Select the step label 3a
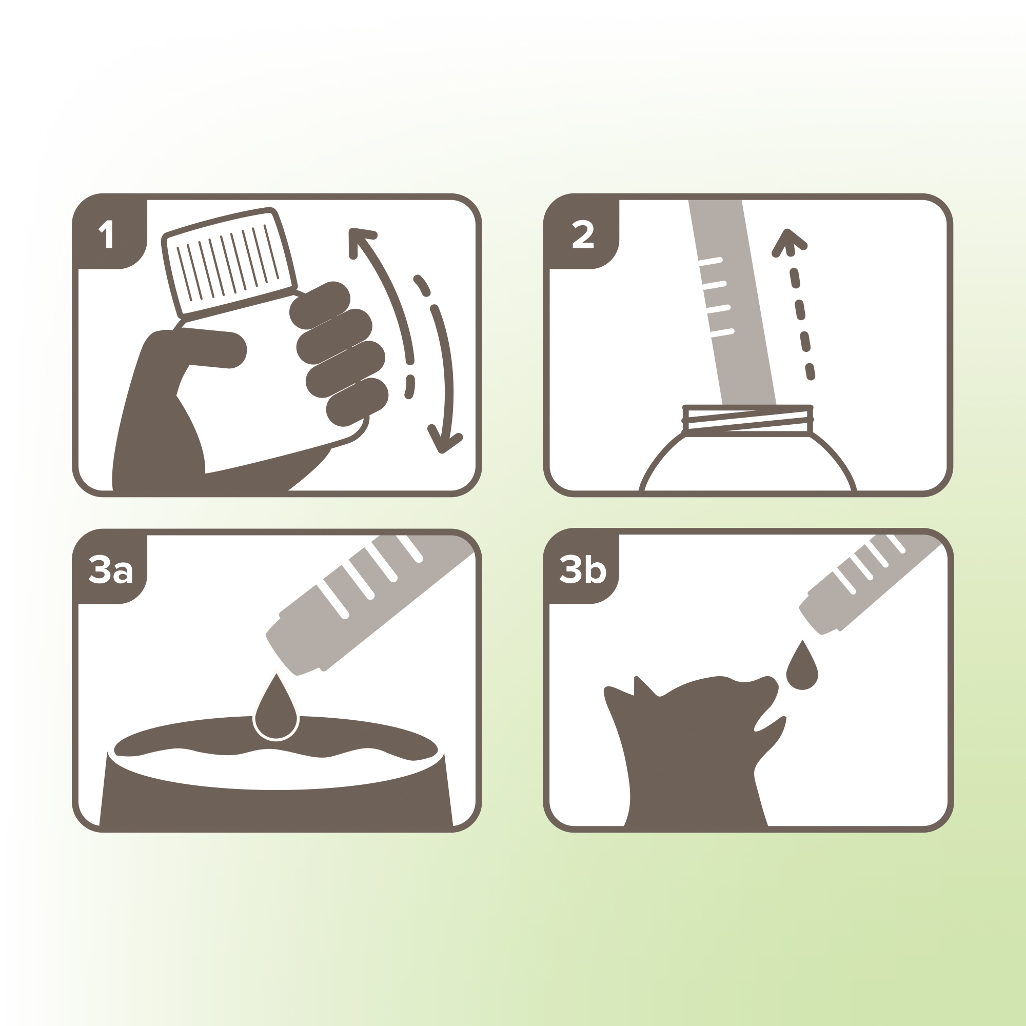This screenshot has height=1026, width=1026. click(110, 569)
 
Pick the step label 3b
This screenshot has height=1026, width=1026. click(583, 569)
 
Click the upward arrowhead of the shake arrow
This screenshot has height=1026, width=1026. click(361, 242)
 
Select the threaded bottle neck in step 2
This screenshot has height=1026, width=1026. click(747, 421)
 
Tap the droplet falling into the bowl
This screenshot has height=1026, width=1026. click(276, 708)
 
